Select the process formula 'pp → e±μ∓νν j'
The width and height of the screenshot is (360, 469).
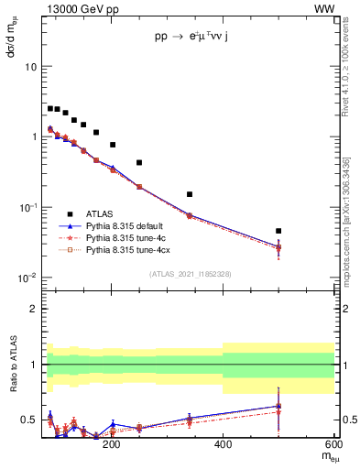click(194, 38)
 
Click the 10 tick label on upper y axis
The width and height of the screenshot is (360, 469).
click(30, 67)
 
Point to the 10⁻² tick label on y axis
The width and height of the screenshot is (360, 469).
click(27, 278)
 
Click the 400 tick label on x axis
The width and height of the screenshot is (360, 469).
click(223, 445)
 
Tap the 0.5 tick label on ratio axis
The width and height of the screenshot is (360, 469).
click(28, 420)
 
